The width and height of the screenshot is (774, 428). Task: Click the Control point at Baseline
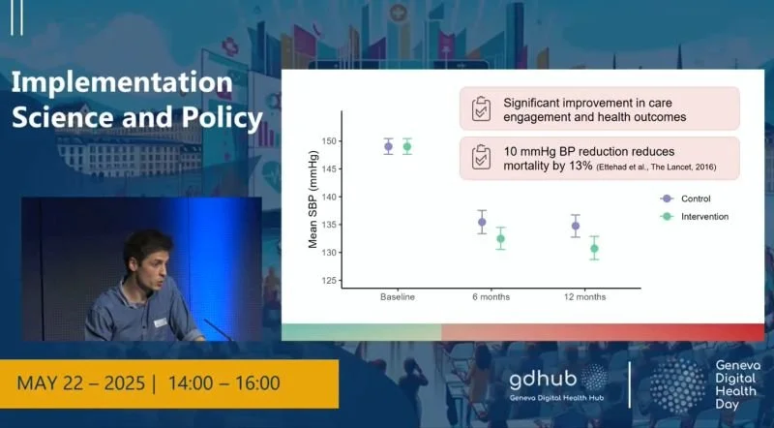pos(388,147)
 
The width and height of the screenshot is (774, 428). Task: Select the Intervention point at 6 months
pos(500,238)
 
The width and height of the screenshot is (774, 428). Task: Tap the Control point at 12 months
pos(576,227)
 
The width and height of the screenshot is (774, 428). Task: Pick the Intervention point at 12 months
pos(594,249)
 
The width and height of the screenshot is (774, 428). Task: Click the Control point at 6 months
pos(482,222)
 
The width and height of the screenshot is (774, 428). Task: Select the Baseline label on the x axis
pos(398,296)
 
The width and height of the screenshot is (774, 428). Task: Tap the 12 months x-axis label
pos(585,296)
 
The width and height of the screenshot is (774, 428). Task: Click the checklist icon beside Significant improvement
pos(481,109)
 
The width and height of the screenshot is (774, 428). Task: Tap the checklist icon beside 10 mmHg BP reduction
pos(481,159)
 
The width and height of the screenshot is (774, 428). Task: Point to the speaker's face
pos(147,259)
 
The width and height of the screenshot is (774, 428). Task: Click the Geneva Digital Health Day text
pos(736,385)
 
